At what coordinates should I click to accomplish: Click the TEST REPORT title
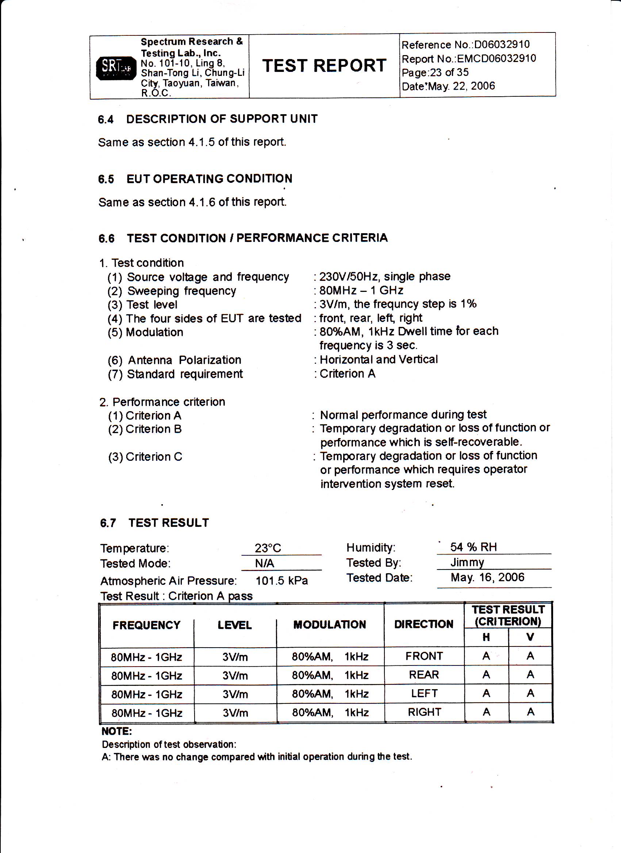click(324, 66)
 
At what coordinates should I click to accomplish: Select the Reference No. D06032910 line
click(465, 45)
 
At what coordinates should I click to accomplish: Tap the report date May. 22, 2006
click(461, 86)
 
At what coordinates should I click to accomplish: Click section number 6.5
click(106, 179)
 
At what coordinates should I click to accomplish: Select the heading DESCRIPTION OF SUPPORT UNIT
click(222, 119)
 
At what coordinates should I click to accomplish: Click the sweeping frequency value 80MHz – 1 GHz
click(361, 290)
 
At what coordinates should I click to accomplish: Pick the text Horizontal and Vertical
click(379, 360)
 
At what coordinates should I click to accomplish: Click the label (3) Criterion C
click(145, 456)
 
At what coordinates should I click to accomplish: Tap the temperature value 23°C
click(268, 548)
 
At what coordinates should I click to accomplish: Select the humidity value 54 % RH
click(474, 547)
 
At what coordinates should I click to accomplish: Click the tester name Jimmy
click(467, 562)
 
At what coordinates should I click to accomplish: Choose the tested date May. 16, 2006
click(487, 577)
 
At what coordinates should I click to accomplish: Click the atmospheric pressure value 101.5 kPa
click(281, 581)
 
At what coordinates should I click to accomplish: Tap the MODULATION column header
click(329, 625)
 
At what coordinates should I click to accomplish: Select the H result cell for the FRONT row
click(486, 656)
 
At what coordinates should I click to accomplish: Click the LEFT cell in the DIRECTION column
click(424, 693)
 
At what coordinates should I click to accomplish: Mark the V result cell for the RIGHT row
click(530, 712)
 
